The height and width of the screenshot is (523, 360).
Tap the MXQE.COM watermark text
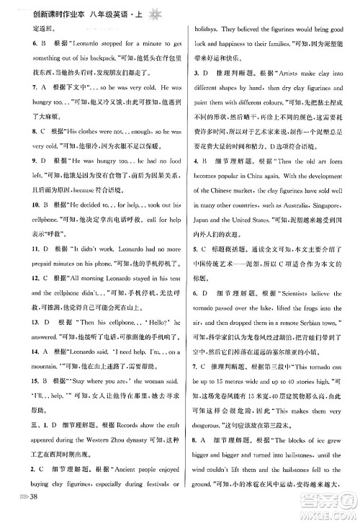333,510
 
